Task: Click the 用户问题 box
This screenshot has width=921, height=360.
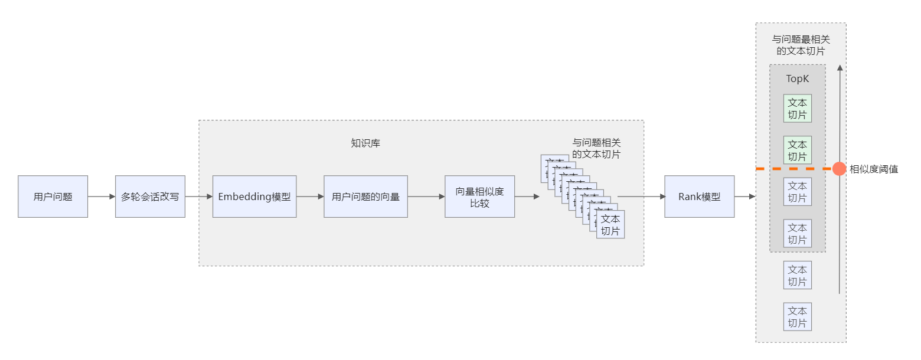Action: (53, 197)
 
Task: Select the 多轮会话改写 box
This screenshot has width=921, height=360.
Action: (150, 197)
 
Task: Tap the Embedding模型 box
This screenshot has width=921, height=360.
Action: (254, 197)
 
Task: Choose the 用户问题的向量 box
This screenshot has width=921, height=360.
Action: (365, 197)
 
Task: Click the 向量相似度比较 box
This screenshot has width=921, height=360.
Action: (479, 197)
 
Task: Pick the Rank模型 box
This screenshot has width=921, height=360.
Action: (699, 197)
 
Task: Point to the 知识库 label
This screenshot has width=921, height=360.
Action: (365, 143)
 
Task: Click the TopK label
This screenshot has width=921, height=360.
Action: (797, 78)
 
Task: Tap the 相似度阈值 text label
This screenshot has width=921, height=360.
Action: (874, 169)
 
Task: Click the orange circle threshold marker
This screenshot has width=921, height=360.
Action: (839, 169)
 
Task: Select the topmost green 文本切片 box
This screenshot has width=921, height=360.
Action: (797, 109)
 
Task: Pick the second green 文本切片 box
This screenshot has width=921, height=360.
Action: (797, 150)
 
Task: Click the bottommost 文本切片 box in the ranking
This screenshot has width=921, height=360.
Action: (797, 317)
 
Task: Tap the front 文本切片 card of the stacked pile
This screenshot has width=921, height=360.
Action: (610, 225)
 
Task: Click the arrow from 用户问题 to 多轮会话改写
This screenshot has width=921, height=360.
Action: (101, 197)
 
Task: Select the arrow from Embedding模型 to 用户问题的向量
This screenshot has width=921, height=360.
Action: (310, 197)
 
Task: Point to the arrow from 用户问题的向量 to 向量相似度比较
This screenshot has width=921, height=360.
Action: (426, 197)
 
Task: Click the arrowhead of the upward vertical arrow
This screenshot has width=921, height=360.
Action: (840, 68)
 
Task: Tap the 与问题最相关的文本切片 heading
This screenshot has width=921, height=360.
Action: (801, 45)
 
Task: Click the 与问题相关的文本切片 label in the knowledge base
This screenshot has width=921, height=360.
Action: (596, 148)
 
